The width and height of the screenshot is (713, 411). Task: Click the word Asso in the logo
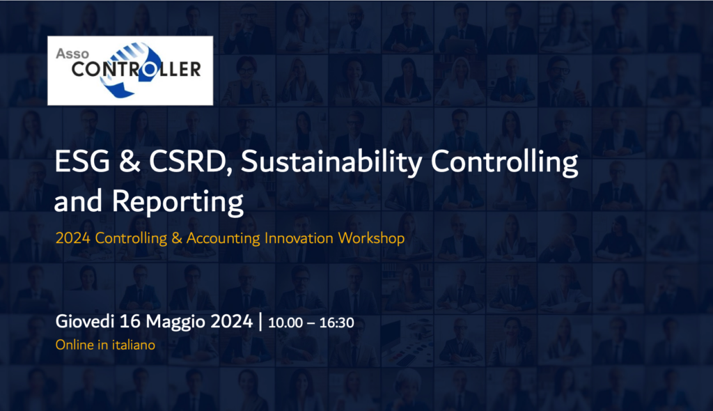click(x=72, y=54)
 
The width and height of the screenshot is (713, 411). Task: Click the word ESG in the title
click(x=82, y=161)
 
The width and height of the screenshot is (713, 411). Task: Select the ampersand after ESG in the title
click(x=130, y=161)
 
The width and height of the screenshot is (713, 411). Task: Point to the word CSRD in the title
click(x=191, y=162)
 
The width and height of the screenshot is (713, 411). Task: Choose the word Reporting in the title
click(x=178, y=202)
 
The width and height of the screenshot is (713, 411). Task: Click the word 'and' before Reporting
click(x=78, y=201)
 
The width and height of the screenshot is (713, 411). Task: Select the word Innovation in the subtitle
click(x=299, y=238)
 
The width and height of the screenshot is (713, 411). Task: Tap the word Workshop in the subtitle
click(x=371, y=238)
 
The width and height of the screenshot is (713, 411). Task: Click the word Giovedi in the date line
click(x=84, y=321)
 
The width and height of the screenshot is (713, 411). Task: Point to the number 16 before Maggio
click(x=130, y=321)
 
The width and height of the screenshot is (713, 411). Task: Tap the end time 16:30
click(x=336, y=323)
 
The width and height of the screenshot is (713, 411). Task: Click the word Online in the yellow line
click(x=75, y=345)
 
